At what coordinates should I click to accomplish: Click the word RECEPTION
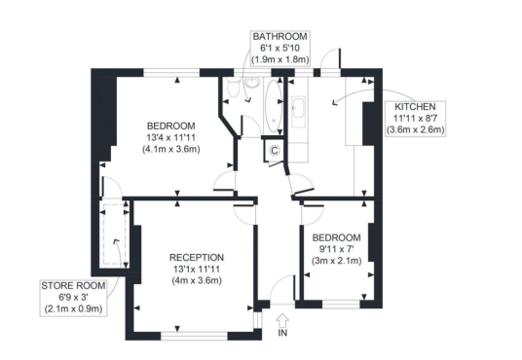(197, 258)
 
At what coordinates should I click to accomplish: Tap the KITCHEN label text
(415, 107)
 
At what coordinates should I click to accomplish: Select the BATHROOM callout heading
(280, 36)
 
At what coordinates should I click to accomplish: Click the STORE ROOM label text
(73, 285)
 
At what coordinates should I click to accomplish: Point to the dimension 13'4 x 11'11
(171, 137)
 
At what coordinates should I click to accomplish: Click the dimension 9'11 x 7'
(336, 249)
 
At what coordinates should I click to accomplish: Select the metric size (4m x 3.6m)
(197, 280)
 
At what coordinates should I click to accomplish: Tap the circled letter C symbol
(275, 151)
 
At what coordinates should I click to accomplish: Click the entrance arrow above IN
(282, 321)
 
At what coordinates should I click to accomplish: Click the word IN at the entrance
(282, 333)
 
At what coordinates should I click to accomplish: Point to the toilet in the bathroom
(234, 88)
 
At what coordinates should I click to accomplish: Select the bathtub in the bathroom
(274, 105)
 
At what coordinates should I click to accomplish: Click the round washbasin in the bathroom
(253, 83)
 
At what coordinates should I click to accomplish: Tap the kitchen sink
(298, 107)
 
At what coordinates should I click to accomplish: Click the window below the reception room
(195, 336)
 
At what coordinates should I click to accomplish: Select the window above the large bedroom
(171, 73)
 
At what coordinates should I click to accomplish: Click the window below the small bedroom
(341, 305)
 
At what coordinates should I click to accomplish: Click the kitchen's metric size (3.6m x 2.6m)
(415, 129)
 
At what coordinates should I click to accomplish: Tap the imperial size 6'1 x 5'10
(280, 48)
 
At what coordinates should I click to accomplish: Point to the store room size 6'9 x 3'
(73, 297)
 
